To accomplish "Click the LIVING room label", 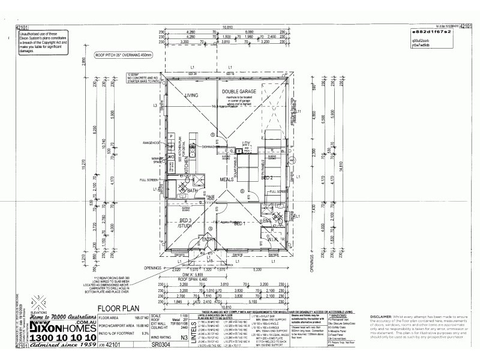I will pos(191,95).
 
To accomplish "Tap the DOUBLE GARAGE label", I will pos(239,91).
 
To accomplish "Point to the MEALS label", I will pos(226,179).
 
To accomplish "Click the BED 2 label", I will pos(268,178).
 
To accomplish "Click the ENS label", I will pos(267,220).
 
